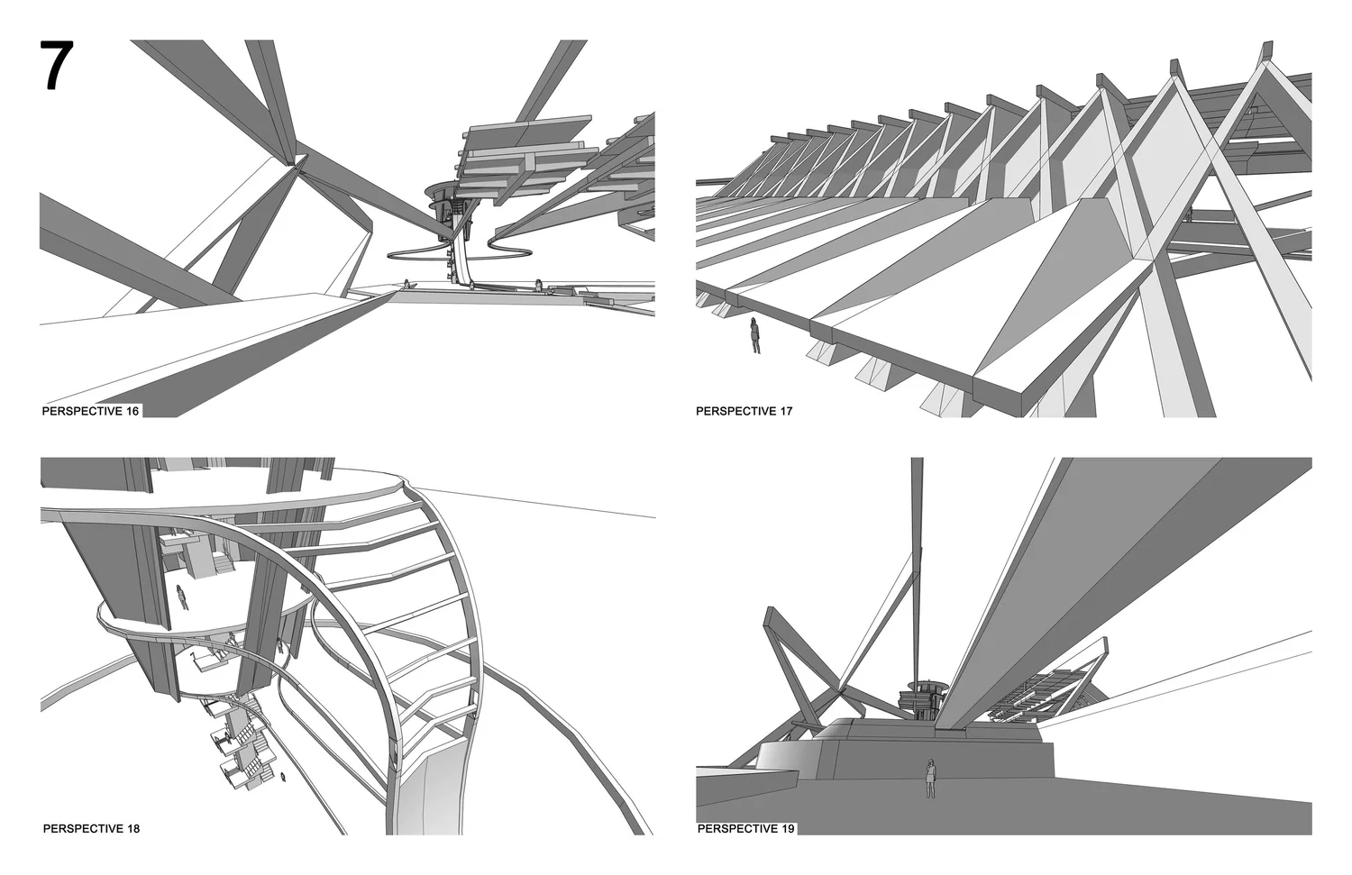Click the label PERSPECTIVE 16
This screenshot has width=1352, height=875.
coord(91,411)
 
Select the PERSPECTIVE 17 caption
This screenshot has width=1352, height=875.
coord(744,411)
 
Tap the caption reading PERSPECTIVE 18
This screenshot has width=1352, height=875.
coord(91,828)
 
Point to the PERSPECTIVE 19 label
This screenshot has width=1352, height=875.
coord(745,828)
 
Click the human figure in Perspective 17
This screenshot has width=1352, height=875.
coord(755,336)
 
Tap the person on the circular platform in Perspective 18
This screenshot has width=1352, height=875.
coord(183,597)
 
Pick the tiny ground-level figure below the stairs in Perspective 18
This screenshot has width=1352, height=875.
coord(285,776)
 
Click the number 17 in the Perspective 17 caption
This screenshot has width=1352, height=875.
coord(786,411)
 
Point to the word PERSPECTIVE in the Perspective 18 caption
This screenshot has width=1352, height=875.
coord(79,828)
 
